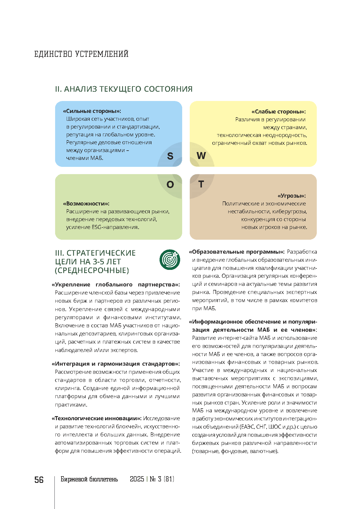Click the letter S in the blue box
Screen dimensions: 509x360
(170, 156)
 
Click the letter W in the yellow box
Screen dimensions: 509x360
(201, 156)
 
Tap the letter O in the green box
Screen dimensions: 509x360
(170, 185)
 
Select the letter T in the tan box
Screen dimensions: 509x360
(201, 184)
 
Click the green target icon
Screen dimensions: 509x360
(170, 259)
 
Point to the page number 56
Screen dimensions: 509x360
(39, 480)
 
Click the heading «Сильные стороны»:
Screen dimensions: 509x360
(92, 111)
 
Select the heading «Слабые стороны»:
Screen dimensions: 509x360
(278, 112)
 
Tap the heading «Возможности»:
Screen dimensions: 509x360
(86, 204)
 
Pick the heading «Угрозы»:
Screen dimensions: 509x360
(292, 196)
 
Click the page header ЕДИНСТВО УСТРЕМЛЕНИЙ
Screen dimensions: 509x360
(81, 54)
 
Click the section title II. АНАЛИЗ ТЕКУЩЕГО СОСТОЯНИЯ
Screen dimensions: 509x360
(124, 89)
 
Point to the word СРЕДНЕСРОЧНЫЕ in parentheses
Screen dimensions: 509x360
(92, 270)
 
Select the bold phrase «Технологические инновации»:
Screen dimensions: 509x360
(97, 418)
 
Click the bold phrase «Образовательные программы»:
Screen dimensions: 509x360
(237, 252)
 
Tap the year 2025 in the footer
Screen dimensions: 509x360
(137, 479)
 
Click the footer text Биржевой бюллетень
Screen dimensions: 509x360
(89, 479)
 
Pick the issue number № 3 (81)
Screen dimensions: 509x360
(162, 479)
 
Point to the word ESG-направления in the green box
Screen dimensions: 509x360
(115, 227)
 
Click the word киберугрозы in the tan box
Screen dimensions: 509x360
(290, 212)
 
